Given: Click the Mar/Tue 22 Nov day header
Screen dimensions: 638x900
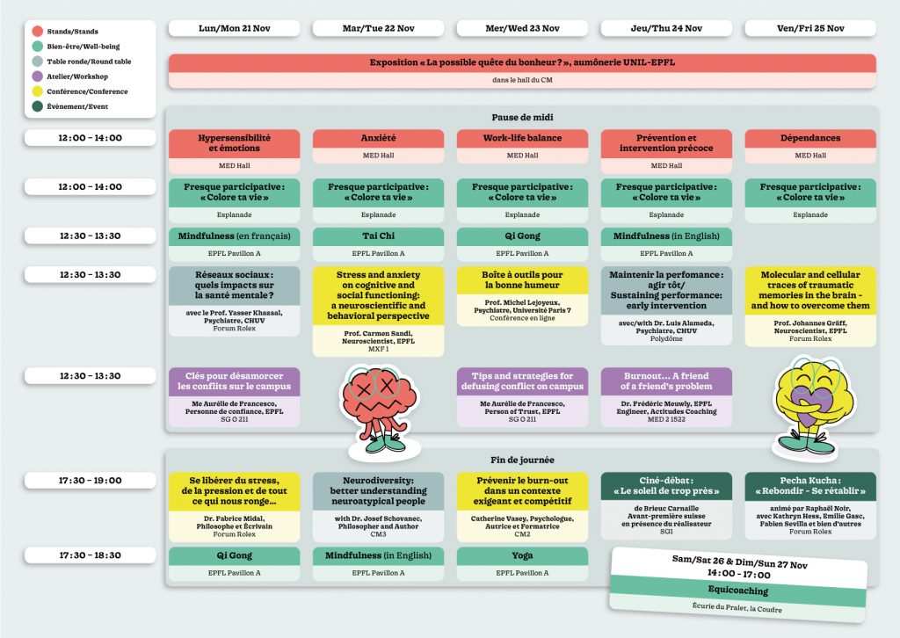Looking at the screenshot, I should coord(378,28).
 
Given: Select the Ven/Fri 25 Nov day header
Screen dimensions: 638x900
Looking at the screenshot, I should coord(809,28).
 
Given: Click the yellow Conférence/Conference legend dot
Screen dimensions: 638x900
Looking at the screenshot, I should coord(39,91).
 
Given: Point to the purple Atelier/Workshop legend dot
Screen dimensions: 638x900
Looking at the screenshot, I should coord(39,77).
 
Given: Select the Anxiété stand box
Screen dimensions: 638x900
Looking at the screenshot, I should coord(378,139).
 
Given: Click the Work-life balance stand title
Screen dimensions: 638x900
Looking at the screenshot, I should coord(522,139).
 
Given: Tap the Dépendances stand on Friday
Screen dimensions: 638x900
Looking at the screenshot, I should coord(809,139).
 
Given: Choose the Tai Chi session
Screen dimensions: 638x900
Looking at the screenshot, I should coord(378,236).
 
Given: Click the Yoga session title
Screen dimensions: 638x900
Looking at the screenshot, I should coord(522,555).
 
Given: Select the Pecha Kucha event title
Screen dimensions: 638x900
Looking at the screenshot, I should coord(809,485).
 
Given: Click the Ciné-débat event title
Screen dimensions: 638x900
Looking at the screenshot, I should coord(666,485).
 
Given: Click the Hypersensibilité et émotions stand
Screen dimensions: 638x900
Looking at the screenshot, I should coord(234,143).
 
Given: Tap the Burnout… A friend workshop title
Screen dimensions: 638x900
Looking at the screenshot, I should coord(666,381).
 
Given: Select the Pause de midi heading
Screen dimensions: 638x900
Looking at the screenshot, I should coord(522,117).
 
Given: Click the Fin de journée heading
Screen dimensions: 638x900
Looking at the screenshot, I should coord(522,460).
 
